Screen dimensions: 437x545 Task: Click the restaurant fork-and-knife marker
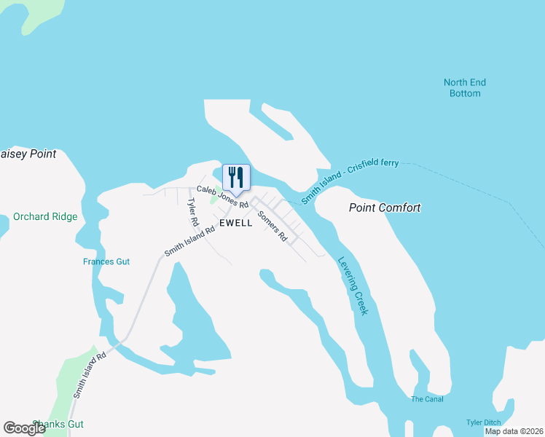click(235, 177)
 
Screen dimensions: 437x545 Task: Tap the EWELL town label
click(234, 223)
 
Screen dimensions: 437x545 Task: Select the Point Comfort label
click(385, 208)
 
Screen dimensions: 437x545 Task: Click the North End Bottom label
click(465, 88)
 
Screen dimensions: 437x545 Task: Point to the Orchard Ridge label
click(44, 216)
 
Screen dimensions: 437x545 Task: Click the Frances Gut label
click(106, 261)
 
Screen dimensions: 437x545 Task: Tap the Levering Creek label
click(353, 285)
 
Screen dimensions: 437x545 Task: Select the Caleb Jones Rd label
click(222, 197)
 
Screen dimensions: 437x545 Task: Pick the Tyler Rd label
click(193, 211)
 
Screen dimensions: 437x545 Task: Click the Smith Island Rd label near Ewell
click(189, 241)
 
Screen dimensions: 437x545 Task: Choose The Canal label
click(427, 399)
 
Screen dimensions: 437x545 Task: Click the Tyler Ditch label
click(484, 423)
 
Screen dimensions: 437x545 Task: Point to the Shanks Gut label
click(58, 424)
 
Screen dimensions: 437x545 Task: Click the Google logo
click(24, 428)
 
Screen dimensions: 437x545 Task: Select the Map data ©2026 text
click(514, 431)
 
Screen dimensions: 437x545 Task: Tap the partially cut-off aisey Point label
click(28, 154)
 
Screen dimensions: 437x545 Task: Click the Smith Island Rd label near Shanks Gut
click(89, 374)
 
